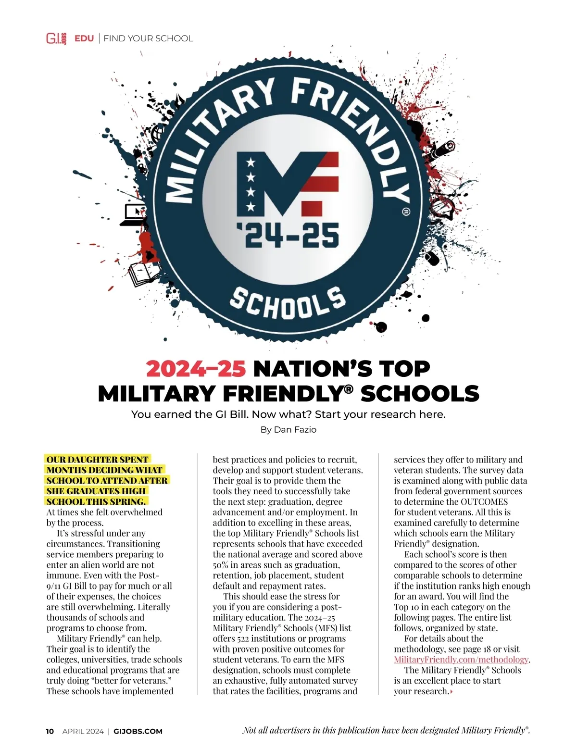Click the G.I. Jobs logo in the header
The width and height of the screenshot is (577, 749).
56,38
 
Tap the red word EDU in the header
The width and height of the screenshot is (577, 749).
84,38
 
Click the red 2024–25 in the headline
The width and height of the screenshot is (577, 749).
196,369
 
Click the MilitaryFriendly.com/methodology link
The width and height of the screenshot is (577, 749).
461,660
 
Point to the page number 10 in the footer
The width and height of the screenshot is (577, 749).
50,731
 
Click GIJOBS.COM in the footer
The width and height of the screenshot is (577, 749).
138,731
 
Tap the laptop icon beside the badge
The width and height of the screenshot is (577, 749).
133,215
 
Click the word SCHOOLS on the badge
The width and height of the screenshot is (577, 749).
288,301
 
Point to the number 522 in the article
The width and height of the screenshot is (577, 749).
243,638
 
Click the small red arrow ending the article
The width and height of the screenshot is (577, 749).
452,692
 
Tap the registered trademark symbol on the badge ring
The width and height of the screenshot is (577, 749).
405,212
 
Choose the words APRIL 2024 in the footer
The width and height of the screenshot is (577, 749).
83,731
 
